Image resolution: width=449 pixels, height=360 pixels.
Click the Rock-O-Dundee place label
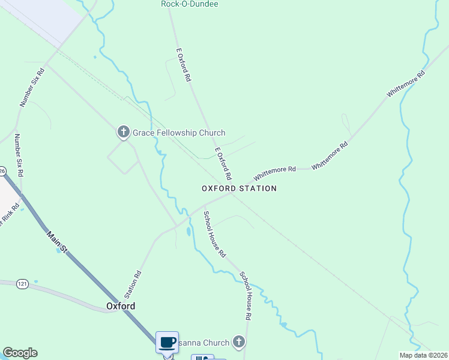189,4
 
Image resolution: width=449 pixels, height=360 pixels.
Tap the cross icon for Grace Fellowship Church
123,132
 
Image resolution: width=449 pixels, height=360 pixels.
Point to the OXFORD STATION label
239,188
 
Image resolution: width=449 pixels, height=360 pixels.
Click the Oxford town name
121,306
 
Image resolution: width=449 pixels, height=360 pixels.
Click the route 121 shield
22,283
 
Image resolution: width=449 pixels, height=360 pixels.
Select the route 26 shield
2,171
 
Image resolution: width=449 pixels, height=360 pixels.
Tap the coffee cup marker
167,343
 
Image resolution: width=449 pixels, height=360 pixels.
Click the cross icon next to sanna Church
239,343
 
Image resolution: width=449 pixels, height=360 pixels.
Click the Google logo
20,353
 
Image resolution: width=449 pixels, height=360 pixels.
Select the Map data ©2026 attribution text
423,355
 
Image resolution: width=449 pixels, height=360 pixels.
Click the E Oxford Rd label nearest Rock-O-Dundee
184,65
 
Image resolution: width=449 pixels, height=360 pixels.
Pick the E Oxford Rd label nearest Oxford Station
223,164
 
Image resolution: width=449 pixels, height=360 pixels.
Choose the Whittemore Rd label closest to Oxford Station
275,173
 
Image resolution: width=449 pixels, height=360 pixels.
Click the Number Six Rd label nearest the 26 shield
19,155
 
